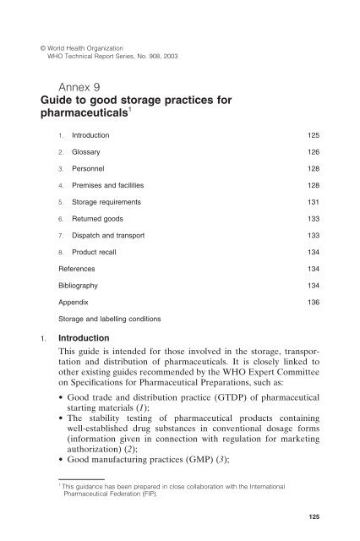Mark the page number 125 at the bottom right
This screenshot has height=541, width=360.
(322, 532)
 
